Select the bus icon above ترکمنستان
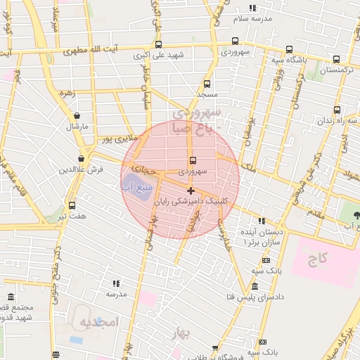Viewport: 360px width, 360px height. [336, 59]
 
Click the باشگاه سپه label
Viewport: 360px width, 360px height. [298, 60]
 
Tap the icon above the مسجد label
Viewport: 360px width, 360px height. [207, 84]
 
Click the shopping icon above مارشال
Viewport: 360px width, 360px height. [77, 116]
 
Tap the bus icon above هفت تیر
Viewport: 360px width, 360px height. [72, 205]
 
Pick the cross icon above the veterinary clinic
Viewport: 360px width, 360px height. [191, 191]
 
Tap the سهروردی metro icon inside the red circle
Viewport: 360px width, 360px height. [193, 160]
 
